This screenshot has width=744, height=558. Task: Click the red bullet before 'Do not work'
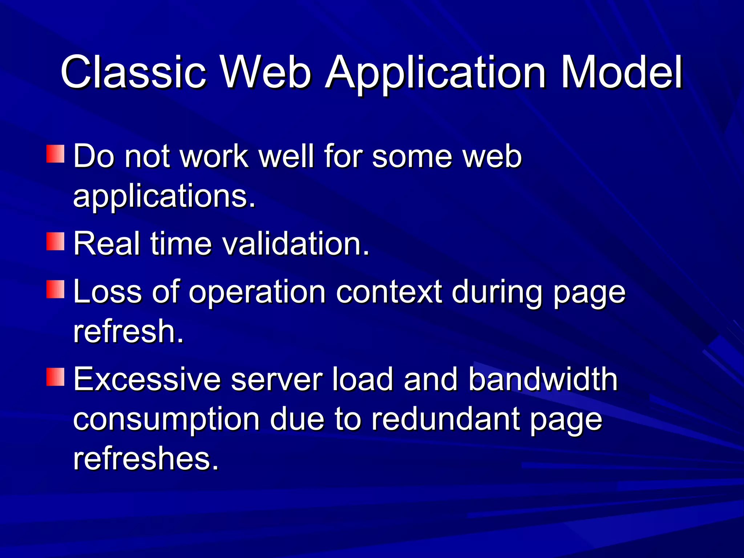[55, 154]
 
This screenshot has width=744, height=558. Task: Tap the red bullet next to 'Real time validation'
[55, 242]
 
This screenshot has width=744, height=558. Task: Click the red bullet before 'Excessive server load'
[55, 377]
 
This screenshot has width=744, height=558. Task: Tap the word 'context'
[389, 292]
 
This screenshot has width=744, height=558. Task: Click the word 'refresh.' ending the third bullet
[128, 331]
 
